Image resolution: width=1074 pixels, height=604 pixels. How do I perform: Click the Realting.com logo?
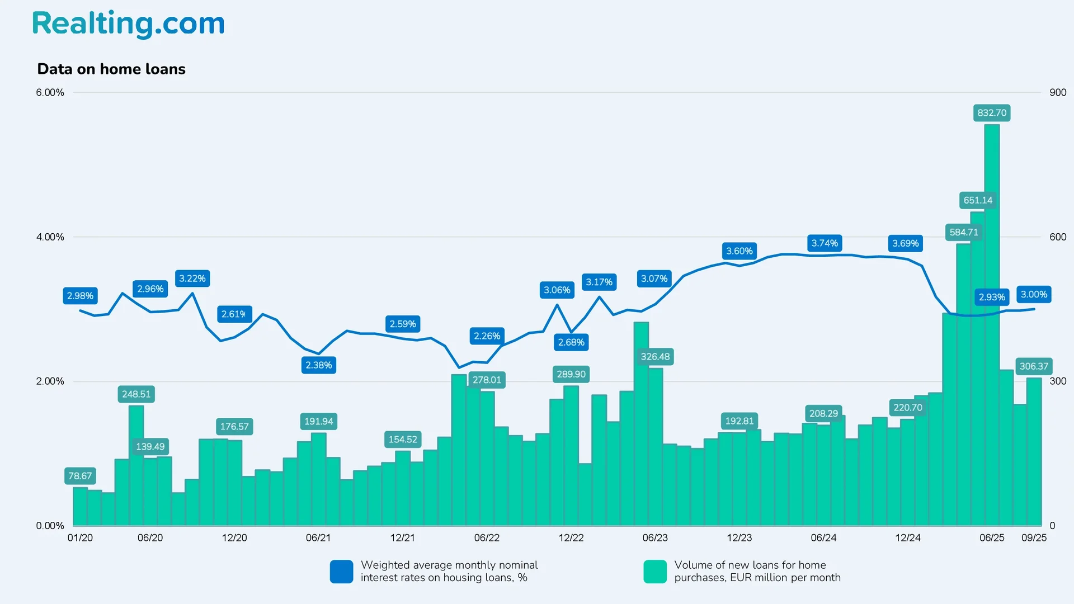pos(128,23)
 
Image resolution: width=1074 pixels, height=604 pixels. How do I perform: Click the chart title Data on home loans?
pos(111,69)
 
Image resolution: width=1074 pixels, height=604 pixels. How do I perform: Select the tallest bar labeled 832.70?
pos(991,324)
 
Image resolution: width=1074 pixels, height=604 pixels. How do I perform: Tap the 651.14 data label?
pos(978,200)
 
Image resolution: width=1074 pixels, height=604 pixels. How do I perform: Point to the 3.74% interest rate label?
pos(825,243)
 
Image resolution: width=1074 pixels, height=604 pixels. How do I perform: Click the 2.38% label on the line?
pos(318,365)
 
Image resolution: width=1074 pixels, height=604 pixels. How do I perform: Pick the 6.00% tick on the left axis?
pos(50,92)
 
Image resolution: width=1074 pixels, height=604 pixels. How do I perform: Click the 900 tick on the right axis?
pos(1057,92)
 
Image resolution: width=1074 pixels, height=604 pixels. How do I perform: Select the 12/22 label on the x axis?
pos(571,537)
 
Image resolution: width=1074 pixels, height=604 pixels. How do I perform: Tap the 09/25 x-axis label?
pos(1034,537)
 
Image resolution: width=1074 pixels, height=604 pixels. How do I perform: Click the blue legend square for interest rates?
pos(341,572)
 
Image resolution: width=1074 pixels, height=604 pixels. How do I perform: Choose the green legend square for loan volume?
pos(654,572)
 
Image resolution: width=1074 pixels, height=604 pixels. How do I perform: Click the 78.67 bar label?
pos(80,476)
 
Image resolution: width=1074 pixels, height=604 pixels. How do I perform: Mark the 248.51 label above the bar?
pos(136,394)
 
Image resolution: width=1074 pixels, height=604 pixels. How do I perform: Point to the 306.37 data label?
pos(1033,366)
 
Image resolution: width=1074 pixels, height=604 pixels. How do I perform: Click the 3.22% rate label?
pos(192,279)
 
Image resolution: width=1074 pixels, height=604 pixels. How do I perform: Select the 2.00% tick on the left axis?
pos(50,381)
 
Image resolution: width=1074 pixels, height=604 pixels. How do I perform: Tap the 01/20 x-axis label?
pos(80,537)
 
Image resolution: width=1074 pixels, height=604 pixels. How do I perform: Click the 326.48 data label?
pos(654,357)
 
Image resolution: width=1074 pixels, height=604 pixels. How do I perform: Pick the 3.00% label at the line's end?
pos(1033,294)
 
